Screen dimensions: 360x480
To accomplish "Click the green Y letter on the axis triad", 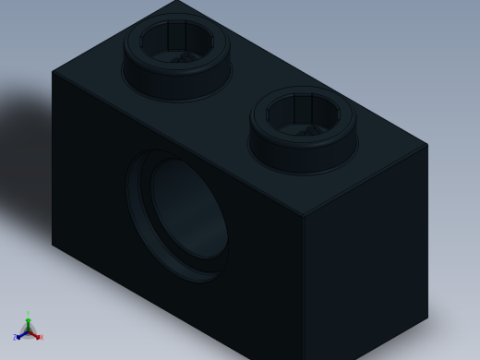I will (28, 315).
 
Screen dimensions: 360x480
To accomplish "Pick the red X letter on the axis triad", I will (42, 337).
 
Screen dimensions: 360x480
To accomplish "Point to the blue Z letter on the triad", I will (15, 338).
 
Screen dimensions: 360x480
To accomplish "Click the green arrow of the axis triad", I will (28, 323).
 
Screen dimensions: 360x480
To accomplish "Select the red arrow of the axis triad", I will (35, 334).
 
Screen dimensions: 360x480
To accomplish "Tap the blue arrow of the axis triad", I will (20, 334).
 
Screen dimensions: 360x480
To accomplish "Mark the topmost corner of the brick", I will (176, 1).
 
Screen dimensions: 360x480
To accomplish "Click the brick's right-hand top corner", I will (427, 144).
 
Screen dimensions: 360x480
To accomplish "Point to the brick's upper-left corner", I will (53, 71).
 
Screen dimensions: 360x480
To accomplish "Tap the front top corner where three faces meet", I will (303, 217).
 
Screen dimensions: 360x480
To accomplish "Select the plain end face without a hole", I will (365, 268).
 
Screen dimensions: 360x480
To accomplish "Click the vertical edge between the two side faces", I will (303, 286).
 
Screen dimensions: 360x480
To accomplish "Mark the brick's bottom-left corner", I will (53, 244).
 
